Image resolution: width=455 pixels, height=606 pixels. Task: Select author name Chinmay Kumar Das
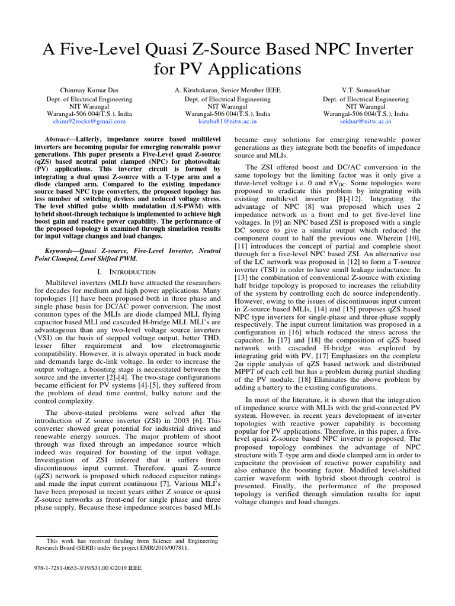[89, 90]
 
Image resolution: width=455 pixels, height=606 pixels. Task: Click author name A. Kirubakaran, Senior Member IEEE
[227, 90]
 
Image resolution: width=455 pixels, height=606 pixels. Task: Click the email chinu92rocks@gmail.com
[89, 121]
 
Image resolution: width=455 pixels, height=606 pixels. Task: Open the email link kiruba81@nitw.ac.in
[227, 121]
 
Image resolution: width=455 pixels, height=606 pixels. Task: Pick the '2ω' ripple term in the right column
[239, 366]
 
